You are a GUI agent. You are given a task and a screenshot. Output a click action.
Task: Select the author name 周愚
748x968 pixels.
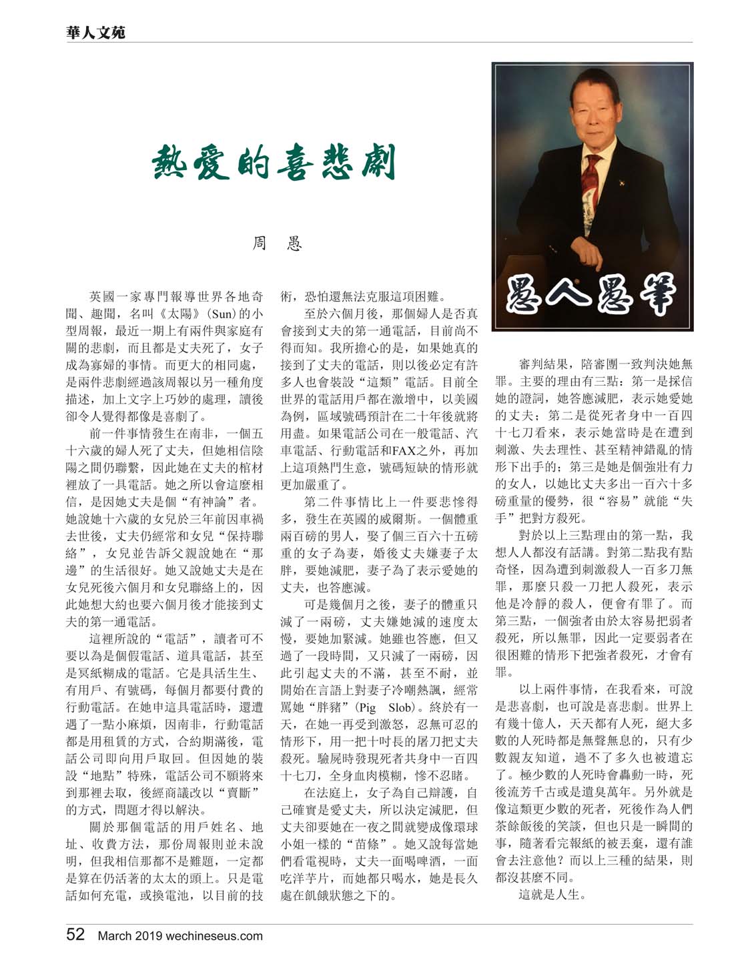pyautogui.click(x=276, y=244)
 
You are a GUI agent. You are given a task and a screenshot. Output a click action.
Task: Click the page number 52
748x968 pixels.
pyautogui.click(x=75, y=934)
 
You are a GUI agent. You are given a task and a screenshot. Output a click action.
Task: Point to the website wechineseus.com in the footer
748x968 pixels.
pyautogui.click(x=215, y=935)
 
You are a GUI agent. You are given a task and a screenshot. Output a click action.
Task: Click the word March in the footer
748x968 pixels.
pyautogui.click(x=116, y=935)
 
